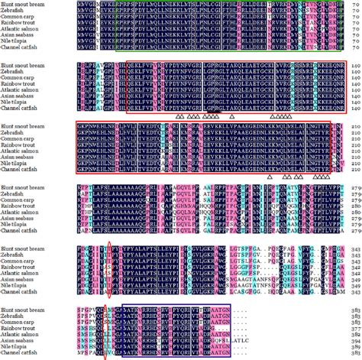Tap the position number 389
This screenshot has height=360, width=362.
coord(354,347)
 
